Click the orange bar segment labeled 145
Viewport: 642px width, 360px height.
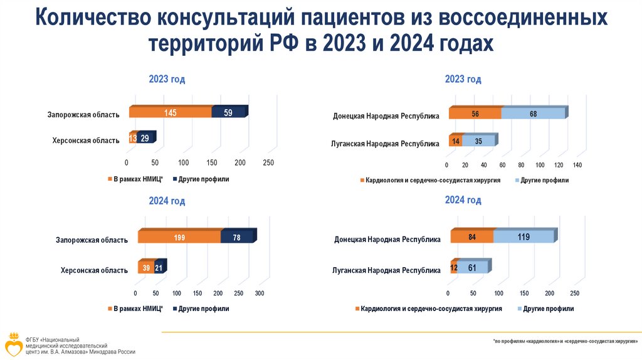(171, 113)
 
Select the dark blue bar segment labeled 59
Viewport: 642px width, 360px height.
(228, 113)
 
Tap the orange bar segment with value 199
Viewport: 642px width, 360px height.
(179, 237)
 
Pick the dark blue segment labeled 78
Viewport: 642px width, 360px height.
(237, 237)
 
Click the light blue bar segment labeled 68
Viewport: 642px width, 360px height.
(533, 114)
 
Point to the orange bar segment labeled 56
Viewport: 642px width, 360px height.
(475, 114)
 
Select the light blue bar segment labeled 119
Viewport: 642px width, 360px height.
(524, 237)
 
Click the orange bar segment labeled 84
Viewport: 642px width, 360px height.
(471, 237)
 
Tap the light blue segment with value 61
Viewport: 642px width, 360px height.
(471, 268)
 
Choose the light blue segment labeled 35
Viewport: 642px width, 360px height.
(478, 141)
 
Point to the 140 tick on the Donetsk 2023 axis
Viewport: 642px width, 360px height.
(577, 166)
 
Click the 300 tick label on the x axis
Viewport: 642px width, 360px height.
(260, 294)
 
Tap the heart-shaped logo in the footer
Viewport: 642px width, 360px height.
(13, 346)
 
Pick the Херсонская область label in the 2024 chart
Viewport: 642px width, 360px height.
(94, 270)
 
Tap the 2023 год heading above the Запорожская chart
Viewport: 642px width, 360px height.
(167, 80)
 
